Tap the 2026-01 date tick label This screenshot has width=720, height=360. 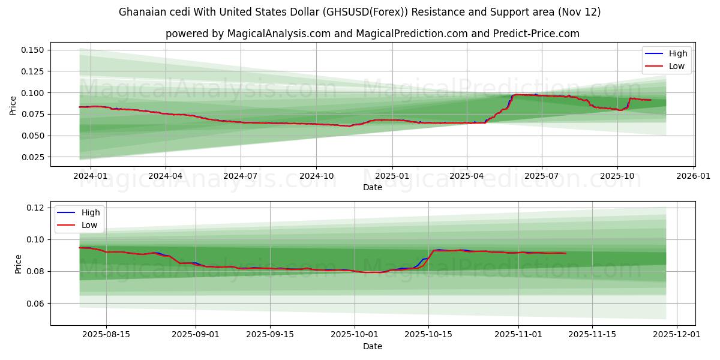(694, 176)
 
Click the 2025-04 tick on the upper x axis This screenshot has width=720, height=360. (467, 176)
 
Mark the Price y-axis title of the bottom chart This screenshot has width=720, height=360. (18, 264)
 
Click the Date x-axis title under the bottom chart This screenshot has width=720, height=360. (373, 346)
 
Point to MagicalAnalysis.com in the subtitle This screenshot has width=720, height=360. (278, 34)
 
